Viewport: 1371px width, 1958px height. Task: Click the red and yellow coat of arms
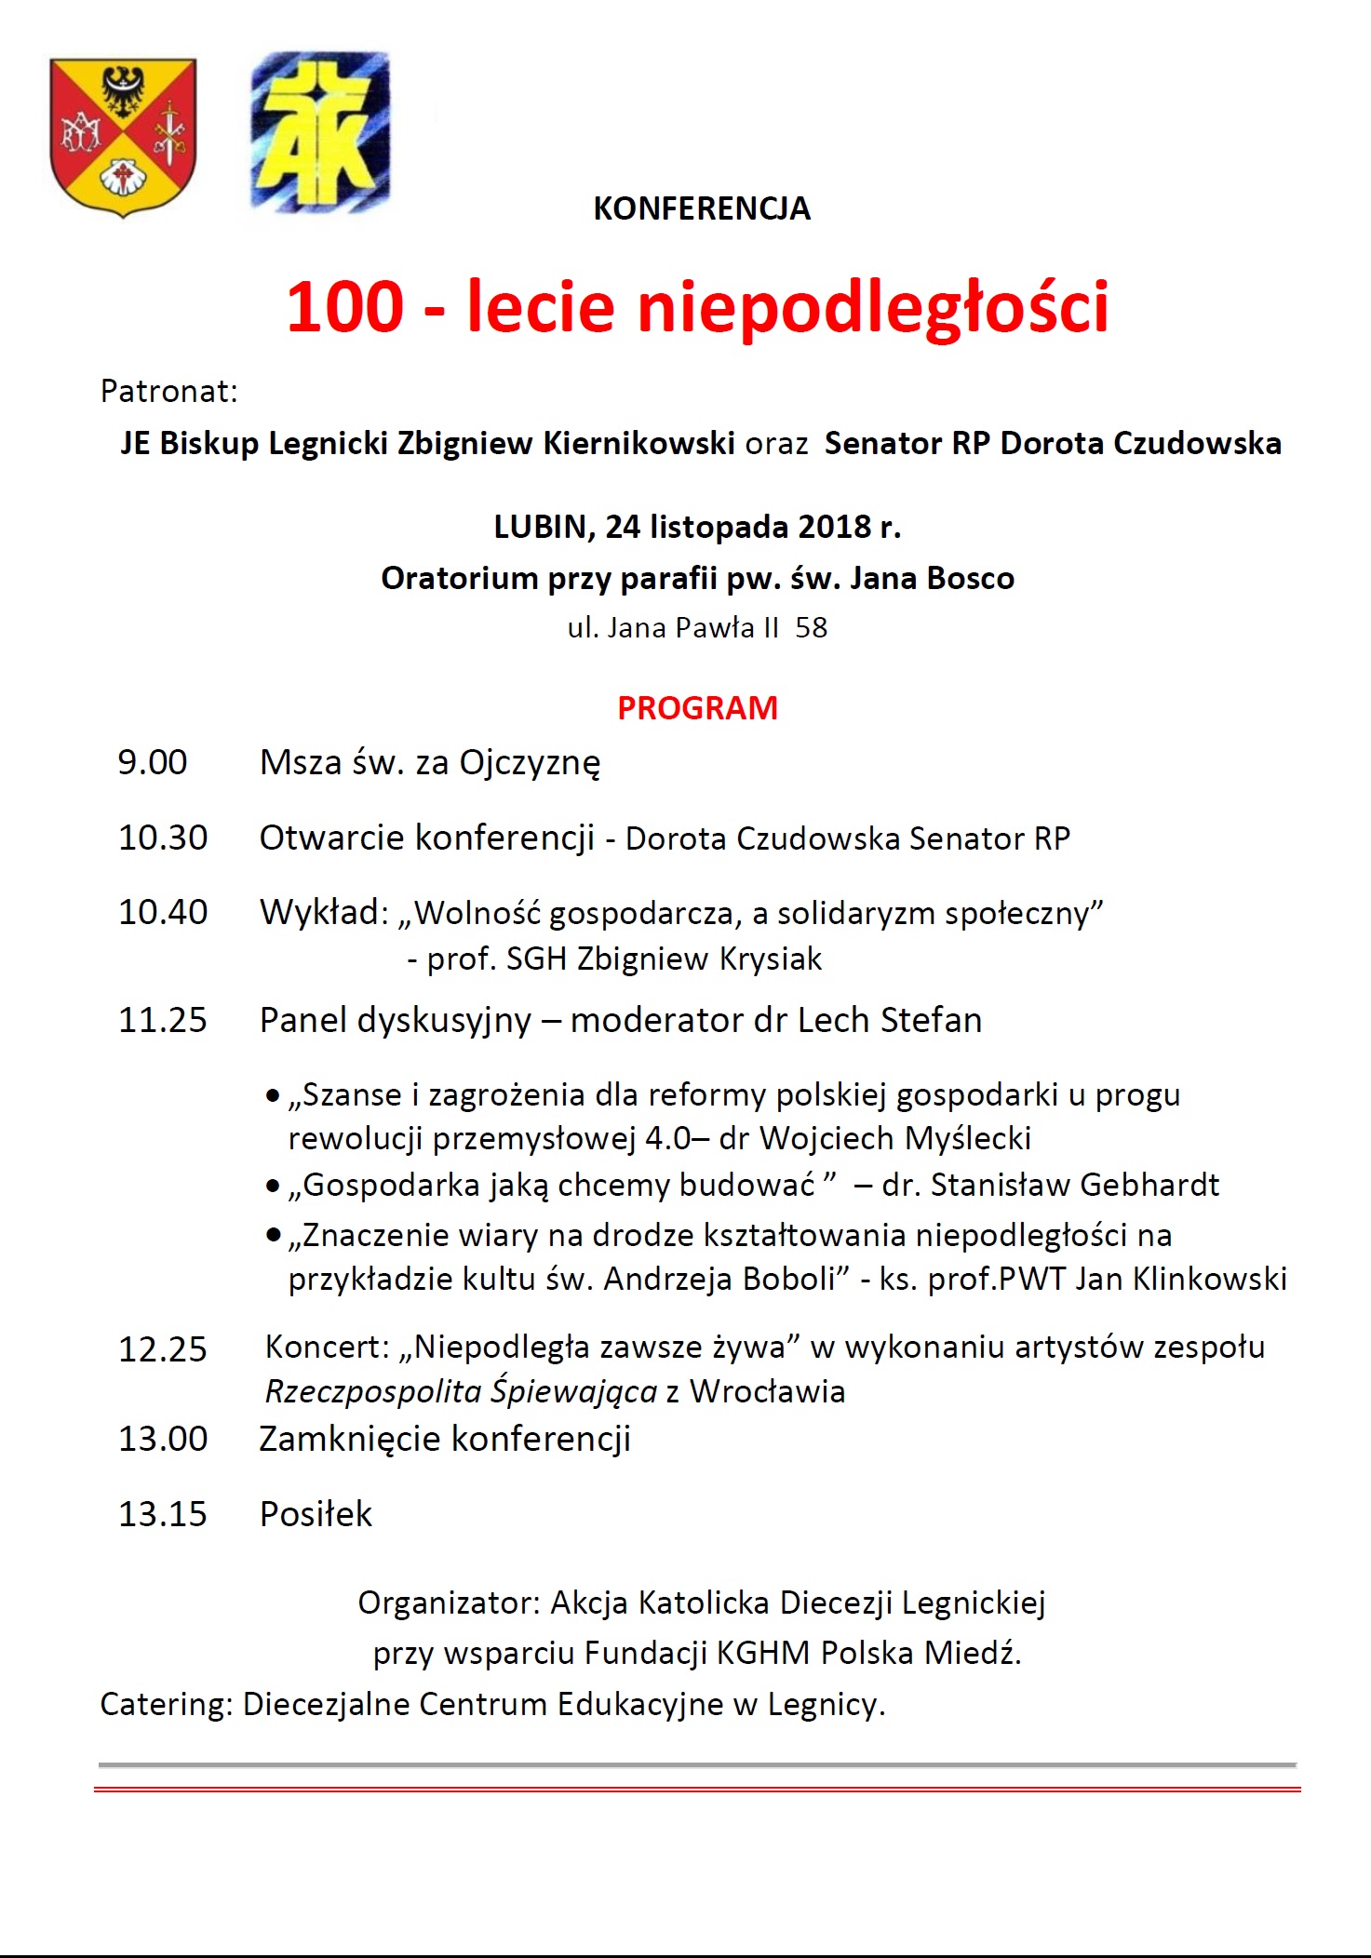[123, 136]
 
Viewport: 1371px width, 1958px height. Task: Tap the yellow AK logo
[319, 133]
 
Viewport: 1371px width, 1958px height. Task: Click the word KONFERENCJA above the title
[702, 208]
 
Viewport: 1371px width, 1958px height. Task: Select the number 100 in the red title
[345, 307]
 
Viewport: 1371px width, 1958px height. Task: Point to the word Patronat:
[168, 392]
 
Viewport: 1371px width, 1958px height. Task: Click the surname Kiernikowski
[638, 443]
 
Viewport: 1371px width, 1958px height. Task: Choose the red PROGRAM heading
[697, 708]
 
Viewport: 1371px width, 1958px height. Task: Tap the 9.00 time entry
[152, 763]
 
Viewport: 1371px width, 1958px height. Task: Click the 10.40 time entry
[162, 913]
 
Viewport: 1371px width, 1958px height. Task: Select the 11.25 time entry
[162, 1021]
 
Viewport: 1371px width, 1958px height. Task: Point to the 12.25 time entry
[162, 1349]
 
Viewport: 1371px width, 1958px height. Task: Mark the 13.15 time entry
[162, 1514]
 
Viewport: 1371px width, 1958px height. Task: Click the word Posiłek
[316, 1514]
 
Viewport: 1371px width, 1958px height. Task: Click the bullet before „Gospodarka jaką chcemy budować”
[273, 1187]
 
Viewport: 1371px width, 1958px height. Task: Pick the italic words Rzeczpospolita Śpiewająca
[462, 1392]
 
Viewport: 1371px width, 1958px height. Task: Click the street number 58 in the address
[811, 628]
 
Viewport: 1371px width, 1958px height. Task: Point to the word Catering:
[167, 1705]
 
